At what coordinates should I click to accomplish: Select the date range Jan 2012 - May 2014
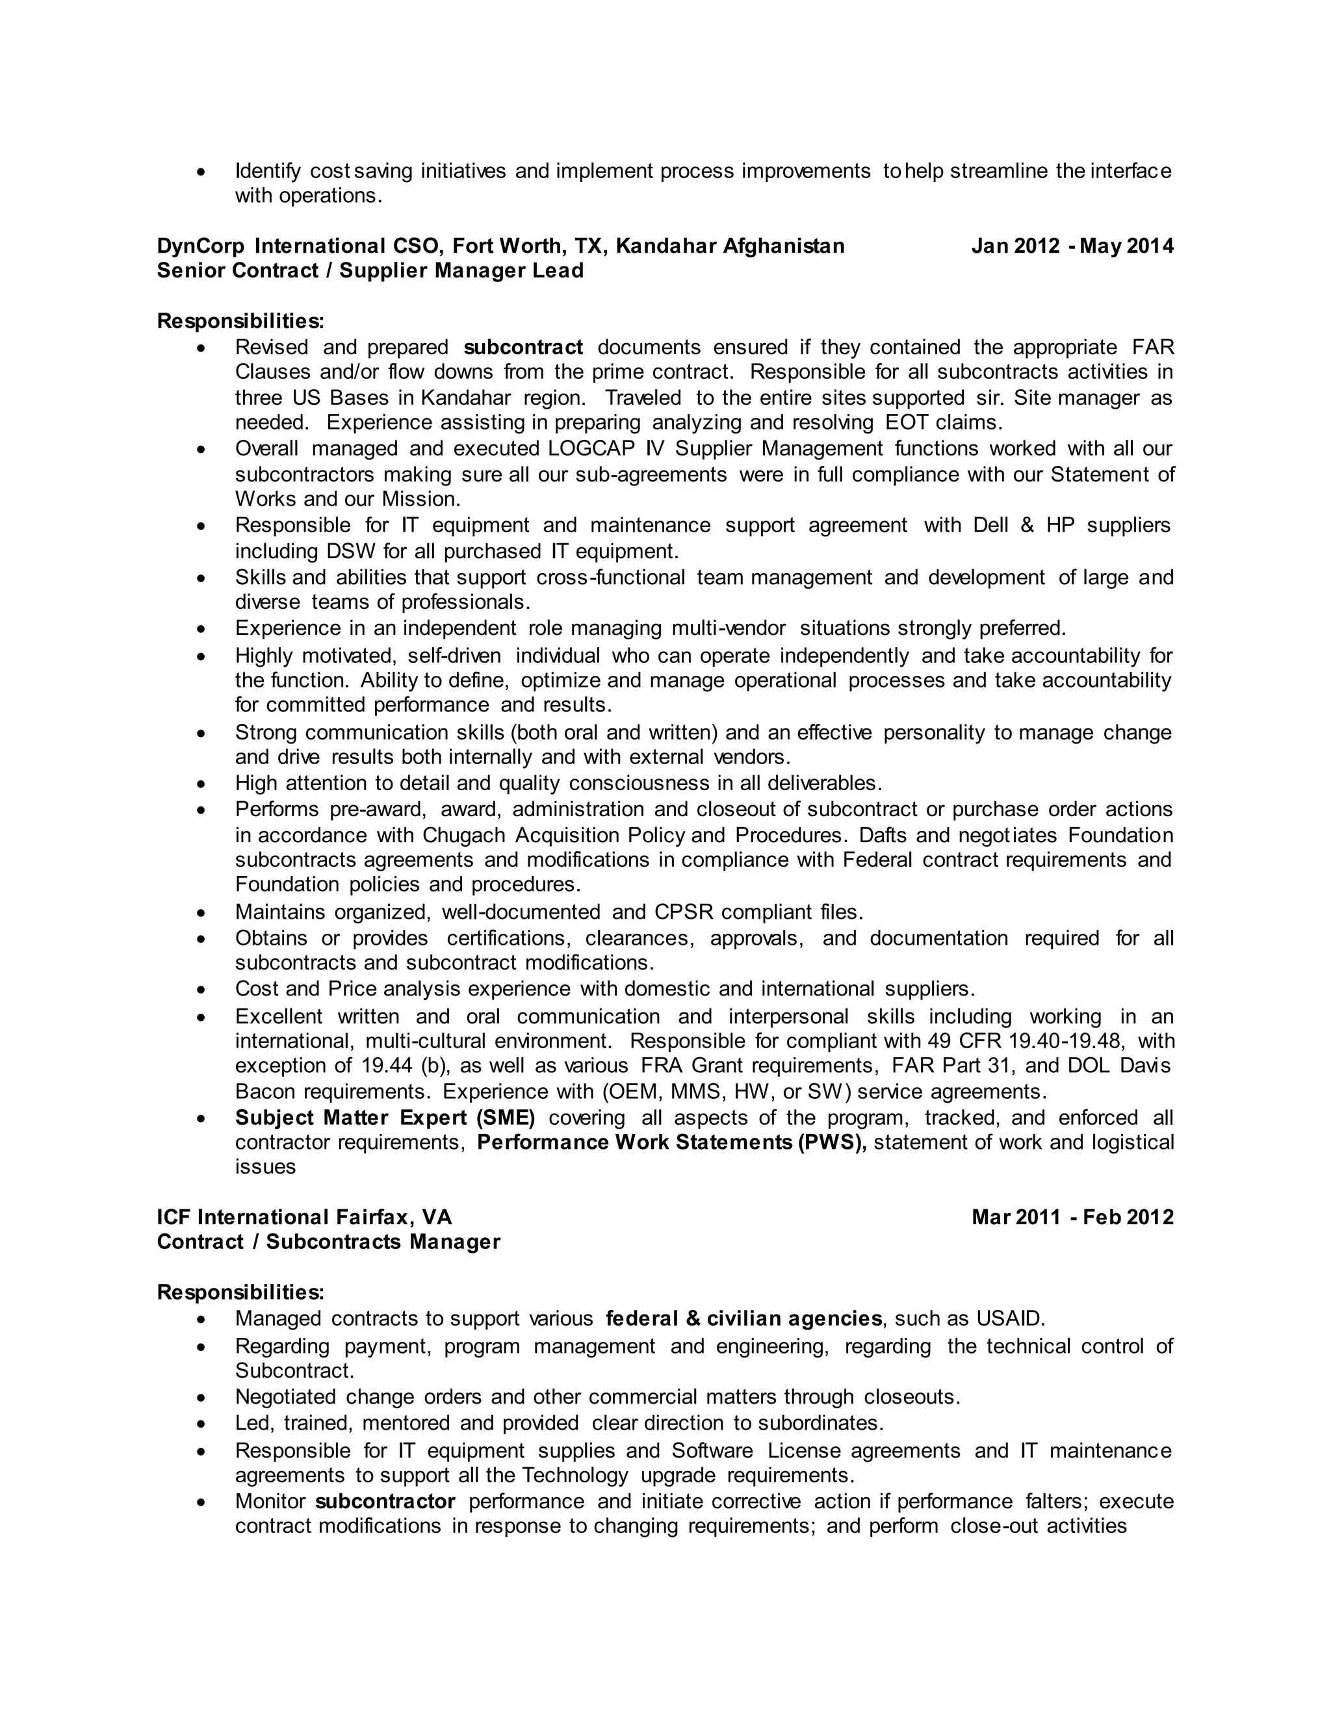pos(1072,247)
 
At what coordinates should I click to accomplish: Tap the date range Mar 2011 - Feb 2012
pos(1072,1217)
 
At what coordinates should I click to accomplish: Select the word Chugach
pos(465,835)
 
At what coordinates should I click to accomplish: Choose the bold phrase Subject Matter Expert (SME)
pos(385,1118)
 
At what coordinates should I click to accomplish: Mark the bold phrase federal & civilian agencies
pos(743,1319)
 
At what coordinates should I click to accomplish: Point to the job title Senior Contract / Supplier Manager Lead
pos(370,271)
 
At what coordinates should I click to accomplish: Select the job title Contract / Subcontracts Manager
pos(329,1242)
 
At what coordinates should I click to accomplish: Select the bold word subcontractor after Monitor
pos(385,1501)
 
